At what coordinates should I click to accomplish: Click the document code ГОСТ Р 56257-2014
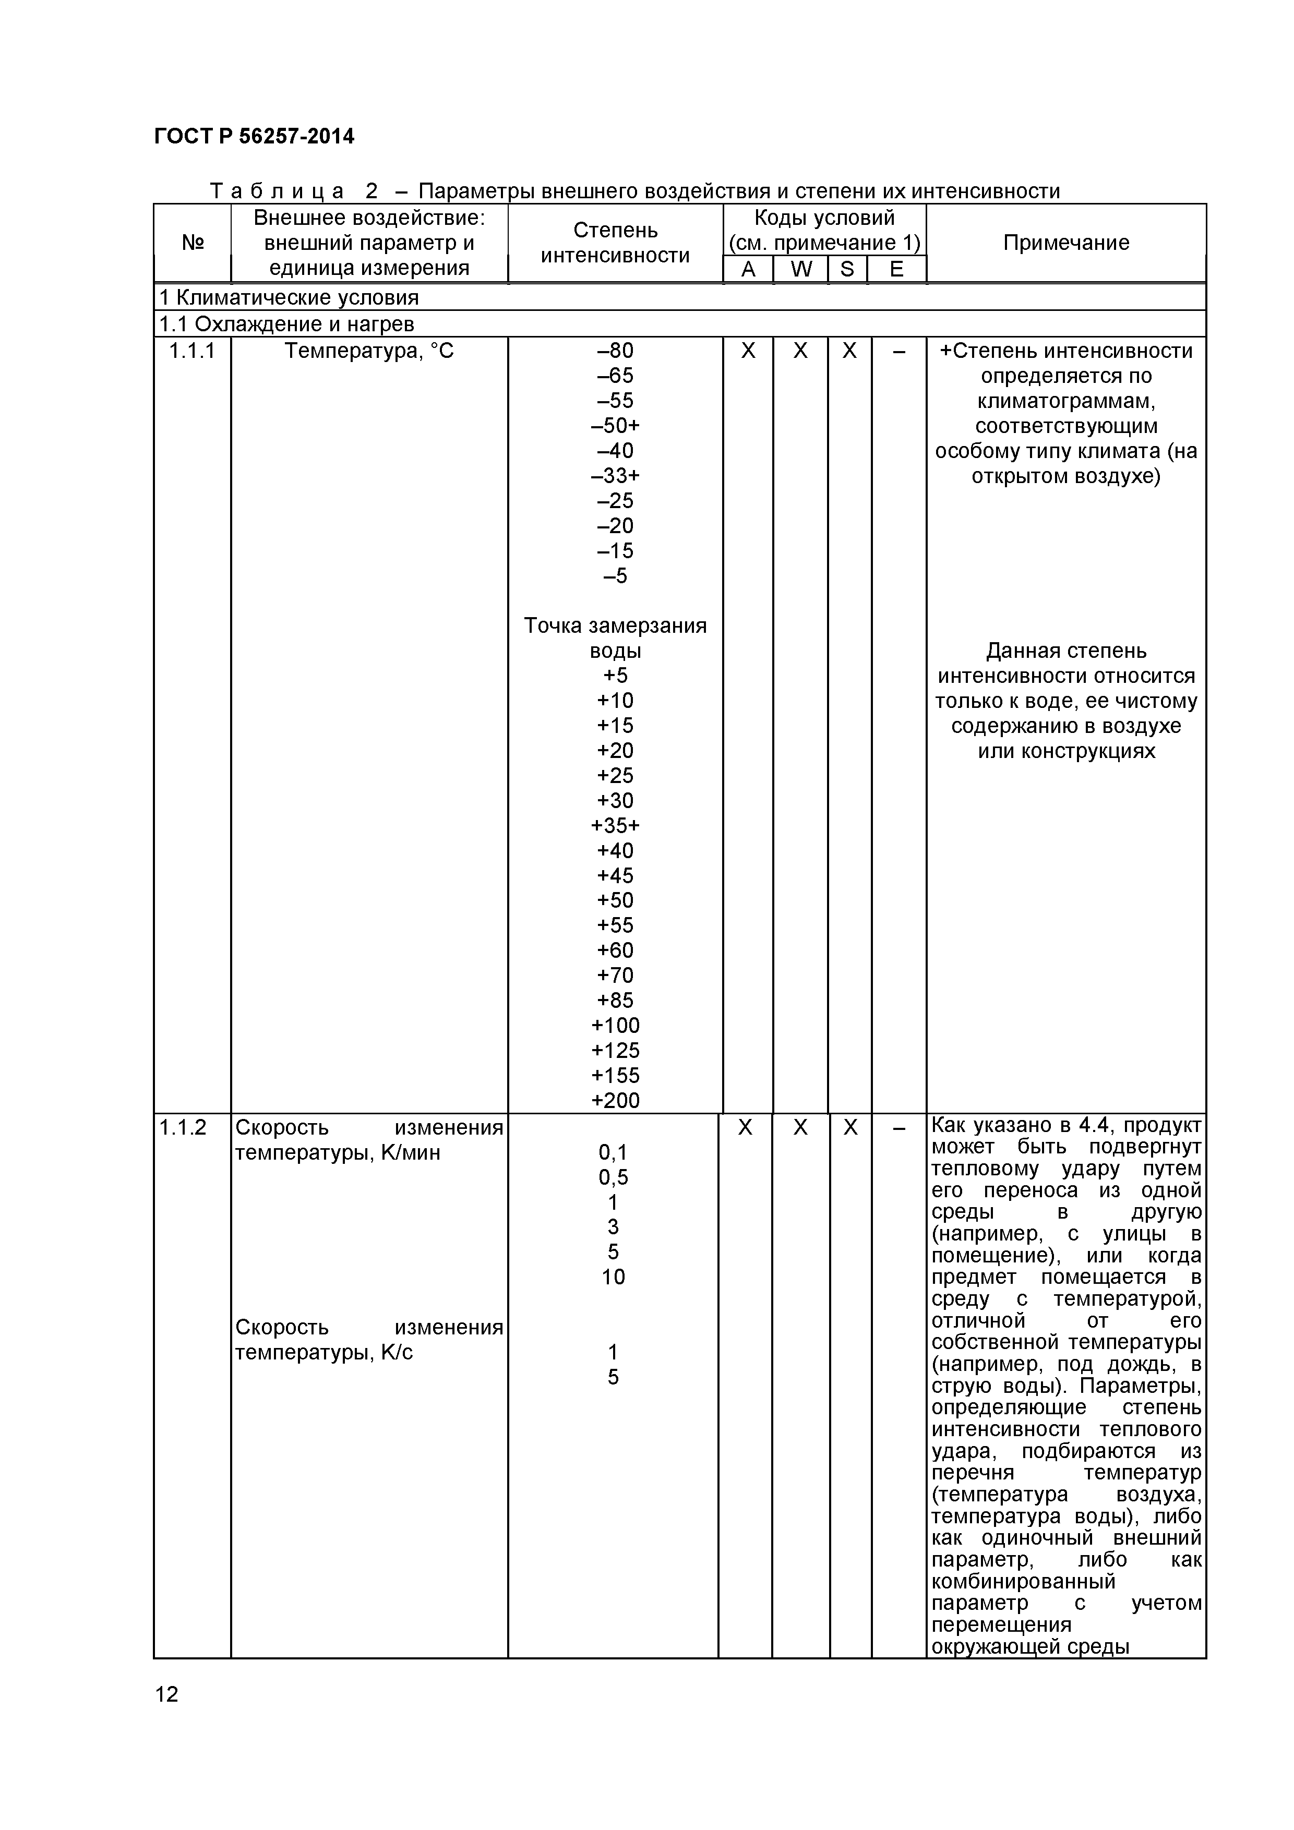[x=254, y=136]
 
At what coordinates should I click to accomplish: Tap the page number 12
[x=166, y=1694]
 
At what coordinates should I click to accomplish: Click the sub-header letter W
[x=800, y=269]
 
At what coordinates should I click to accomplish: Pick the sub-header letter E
[x=896, y=269]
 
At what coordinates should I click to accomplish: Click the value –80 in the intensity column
[x=615, y=351]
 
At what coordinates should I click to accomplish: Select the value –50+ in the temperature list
[x=615, y=426]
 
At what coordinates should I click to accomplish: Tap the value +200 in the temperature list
[x=615, y=1101]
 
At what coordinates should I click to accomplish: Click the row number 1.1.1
[x=191, y=351]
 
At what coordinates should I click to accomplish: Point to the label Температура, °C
[x=369, y=351]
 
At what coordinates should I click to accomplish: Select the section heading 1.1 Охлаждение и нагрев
[x=287, y=323]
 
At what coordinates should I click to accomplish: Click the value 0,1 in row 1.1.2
[x=613, y=1152]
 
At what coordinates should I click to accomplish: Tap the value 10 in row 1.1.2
[x=613, y=1277]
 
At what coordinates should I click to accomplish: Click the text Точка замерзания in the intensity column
[x=615, y=625]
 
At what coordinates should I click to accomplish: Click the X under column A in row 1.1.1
[x=748, y=351]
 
